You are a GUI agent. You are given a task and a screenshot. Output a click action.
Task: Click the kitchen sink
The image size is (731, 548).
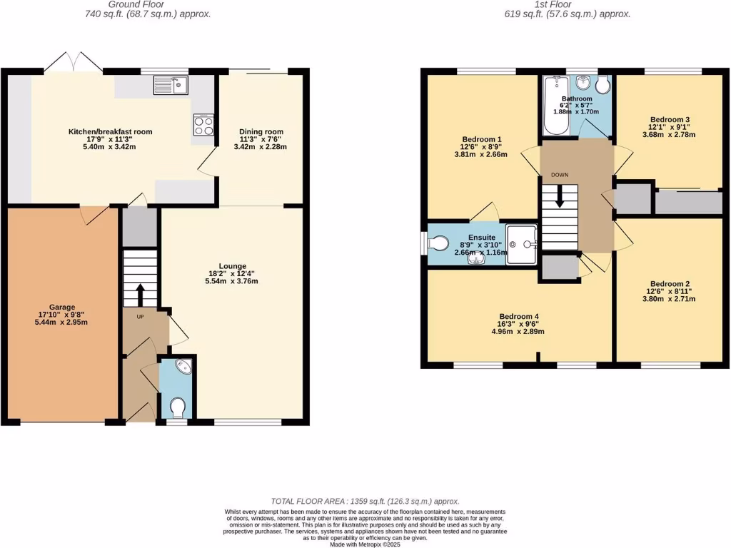click(x=170, y=86)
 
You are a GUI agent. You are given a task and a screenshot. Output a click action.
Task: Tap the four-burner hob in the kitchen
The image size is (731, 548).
click(x=203, y=126)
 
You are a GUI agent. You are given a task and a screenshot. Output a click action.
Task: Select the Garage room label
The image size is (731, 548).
click(x=62, y=308)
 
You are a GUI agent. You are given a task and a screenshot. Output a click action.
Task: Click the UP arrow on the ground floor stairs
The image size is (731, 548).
click(x=139, y=293)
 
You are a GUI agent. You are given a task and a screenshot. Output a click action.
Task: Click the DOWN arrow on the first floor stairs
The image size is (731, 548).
click(x=559, y=196)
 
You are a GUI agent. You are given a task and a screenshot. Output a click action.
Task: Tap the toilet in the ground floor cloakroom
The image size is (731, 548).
click(x=178, y=407)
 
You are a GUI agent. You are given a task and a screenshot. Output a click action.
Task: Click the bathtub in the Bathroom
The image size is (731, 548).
click(x=554, y=107)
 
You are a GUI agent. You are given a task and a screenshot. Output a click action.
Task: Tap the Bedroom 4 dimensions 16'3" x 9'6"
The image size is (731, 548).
click(x=518, y=325)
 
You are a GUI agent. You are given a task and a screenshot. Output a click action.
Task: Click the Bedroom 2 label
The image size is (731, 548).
click(x=670, y=283)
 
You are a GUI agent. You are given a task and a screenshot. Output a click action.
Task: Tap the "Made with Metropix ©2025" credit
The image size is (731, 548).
click(x=365, y=544)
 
